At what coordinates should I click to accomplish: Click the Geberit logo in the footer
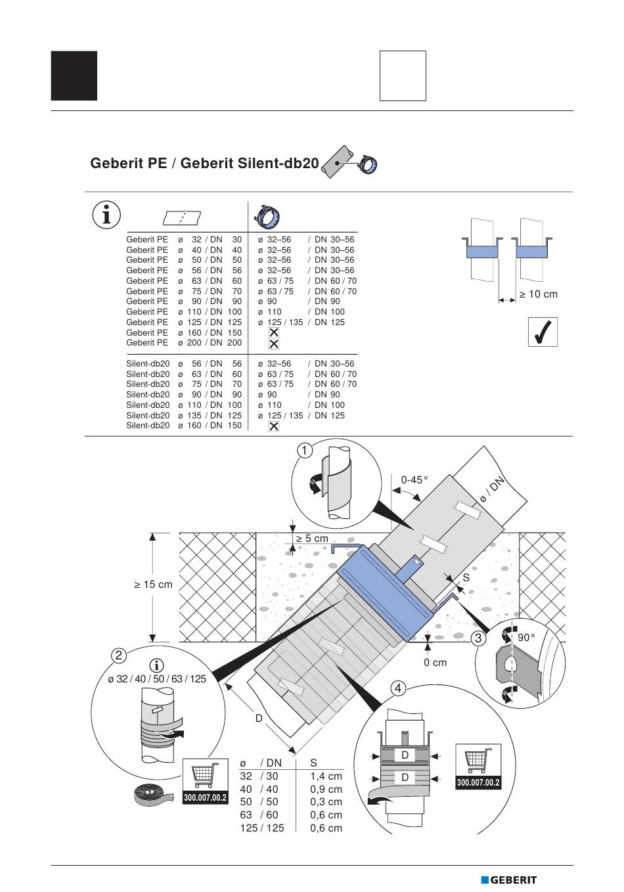pyautogui.click(x=508, y=880)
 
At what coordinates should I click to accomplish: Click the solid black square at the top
pyautogui.click(x=74, y=76)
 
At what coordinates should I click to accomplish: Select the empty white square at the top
pyautogui.click(x=403, y=76)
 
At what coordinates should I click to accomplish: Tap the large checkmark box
pyautogui.click(x=543, y=332)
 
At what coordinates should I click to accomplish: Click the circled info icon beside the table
pyautogui.click(x=106, y=215)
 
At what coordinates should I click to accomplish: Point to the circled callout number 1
pyautogui.click(x=305, y=451)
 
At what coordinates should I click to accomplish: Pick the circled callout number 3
pyautogui.click(x=478, y=638)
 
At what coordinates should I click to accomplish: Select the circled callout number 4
pyautogui.click(x=398, y=688)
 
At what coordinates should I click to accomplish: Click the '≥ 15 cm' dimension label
pyautogui.click(x=153, y=585)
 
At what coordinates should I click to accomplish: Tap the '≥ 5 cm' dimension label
pyautogui.click(x=312, y=539)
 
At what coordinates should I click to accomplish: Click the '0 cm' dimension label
pyautogui.click(x=435, y=663)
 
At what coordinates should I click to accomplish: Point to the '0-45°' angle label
pyautogui.click(x=414, y=480)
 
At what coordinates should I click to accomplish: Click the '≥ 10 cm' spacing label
pyautogui.click(x=539, y=294)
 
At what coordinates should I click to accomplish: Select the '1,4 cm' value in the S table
pyautogui.click(x=326, y=776)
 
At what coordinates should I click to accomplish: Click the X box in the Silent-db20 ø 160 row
pyautogui.click(x=274, y=426)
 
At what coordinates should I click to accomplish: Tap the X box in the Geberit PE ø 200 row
pyautogui.click(x=274, y=344)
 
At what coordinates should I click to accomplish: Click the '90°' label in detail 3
pyautogui.click(x=526, y=638)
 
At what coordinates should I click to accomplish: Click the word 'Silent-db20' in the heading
pyautogui.click(x=250, y=164)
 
